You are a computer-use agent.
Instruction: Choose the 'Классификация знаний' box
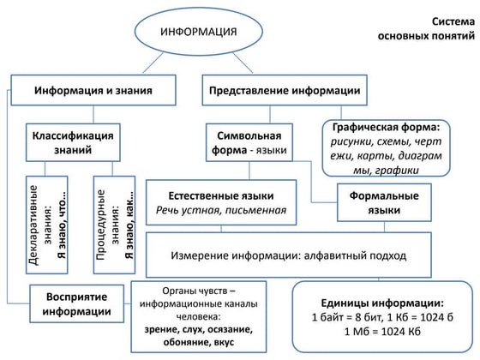[x=73, y=142]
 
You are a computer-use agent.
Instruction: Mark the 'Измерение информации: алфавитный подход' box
[x=300, y=255]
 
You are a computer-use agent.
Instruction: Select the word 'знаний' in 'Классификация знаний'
[x=73, y=151]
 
